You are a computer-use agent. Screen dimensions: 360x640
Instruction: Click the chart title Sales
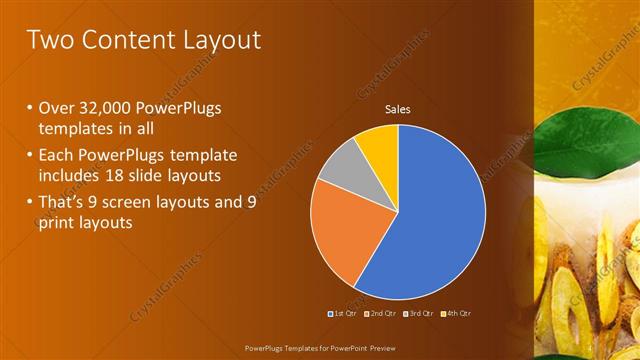[398, 109]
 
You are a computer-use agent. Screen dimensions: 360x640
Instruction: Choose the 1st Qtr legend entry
[343, 313]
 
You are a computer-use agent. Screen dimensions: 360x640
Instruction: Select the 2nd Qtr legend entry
[380, 313]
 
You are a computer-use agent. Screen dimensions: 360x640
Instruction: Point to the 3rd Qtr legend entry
[418, 313]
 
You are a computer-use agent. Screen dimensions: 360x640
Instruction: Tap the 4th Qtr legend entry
[455, 313]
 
